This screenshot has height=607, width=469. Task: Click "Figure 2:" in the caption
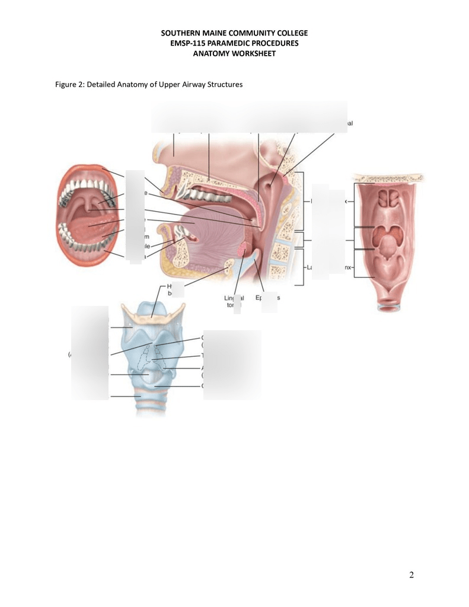click(x=69, y=84)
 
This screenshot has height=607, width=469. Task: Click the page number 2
click(x=411, y=574)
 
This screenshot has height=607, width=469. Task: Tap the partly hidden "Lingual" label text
click(x=229, y=298)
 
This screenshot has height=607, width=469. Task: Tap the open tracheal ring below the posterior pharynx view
click(x=389, y=306)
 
